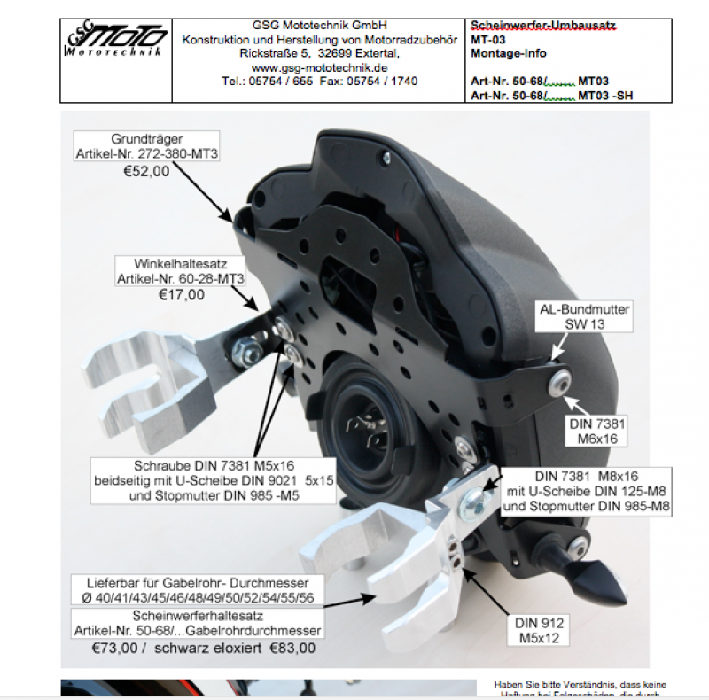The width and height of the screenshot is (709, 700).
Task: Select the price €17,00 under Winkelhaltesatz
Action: tap(181, 295)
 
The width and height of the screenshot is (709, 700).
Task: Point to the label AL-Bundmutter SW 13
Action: tap(584, 317)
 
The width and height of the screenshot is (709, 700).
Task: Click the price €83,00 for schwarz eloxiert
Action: tap(292, 649)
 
